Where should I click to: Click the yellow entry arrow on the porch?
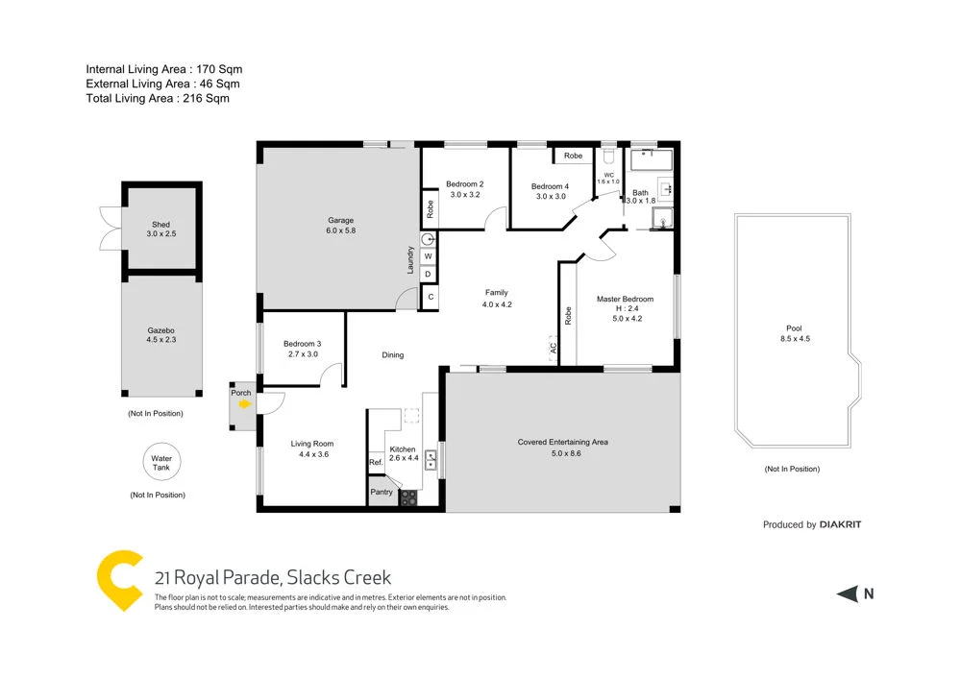pos(244,405)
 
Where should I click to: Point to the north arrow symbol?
pos(847,594)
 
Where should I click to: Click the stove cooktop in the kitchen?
pos(408,497)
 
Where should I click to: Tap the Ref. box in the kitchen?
pos(376,463)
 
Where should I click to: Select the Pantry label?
pos(382,493)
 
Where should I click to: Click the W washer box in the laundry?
pos(429,256)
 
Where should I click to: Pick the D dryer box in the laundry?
pos(429,275)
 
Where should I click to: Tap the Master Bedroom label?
pos(626,298)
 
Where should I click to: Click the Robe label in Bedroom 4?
pos(573,156)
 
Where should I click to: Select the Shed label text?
pos(160,225)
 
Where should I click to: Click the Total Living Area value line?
pos(158,98)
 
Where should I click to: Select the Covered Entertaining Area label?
pos(562,443)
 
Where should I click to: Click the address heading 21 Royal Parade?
pos(273,577)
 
